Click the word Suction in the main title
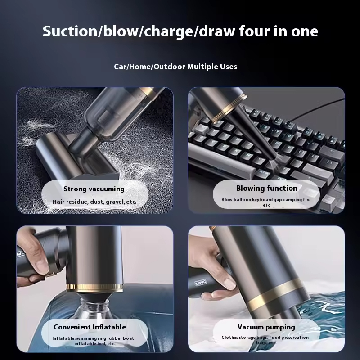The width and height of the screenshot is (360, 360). click(x=70, y=31)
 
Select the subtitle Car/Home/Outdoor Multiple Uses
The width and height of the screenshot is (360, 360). click(x=175, y=67)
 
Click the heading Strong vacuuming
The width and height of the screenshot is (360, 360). click(x=94, y=189)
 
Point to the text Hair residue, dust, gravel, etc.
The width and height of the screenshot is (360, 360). click(x=94, y=202)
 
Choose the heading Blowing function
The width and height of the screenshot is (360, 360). click(x=266, y=188)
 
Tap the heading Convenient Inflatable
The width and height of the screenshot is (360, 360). click(x=90, y=327)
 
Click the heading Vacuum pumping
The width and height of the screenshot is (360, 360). click(x=266, y=327)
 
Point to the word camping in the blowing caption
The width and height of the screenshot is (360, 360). click(x=292, y=200)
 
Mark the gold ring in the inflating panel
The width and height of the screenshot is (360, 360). click(x=94, y=288)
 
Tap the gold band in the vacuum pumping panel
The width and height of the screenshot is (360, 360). click(x=275, y=294)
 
